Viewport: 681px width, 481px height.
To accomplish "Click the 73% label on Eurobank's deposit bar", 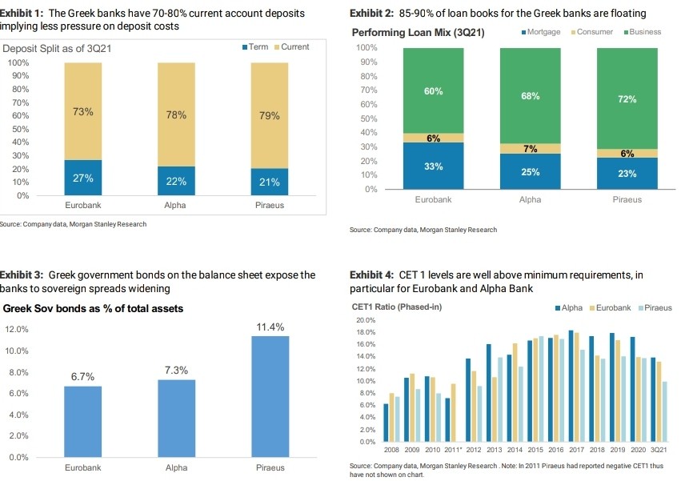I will (82, 111).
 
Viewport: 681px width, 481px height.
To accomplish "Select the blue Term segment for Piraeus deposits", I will (269, 182).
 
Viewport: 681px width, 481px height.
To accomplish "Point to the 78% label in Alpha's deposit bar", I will (175, 114).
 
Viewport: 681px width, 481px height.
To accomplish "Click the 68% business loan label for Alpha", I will (530, 96).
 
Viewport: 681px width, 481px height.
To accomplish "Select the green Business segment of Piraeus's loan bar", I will (627, 98).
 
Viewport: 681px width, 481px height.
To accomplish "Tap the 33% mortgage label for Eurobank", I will (433, 166).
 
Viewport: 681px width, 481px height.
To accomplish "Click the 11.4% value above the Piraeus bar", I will (270, 327).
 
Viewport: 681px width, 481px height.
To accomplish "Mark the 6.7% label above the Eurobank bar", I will (82, 376).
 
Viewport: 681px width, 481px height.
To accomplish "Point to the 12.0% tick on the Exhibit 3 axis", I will (18, 330).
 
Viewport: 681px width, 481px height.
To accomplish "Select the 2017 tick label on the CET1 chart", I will (576, 451).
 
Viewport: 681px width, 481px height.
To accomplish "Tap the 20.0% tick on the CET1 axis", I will (365, 320).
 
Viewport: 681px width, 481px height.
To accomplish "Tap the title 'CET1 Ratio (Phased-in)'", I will (397, 307).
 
